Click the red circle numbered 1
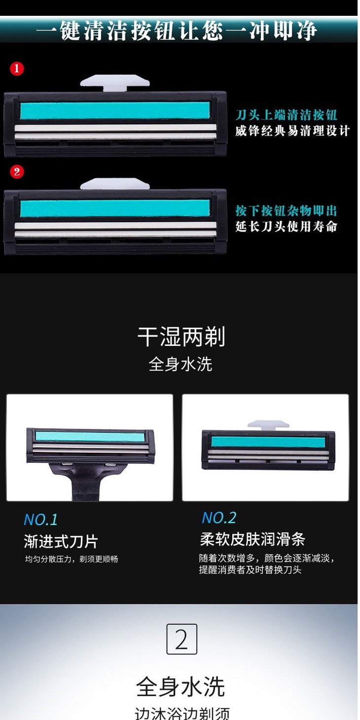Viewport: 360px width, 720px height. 17,69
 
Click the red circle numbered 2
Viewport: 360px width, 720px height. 17,172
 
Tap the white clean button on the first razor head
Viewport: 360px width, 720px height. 114,82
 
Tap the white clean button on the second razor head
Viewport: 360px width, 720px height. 114,184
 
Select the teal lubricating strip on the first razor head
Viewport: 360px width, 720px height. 114,111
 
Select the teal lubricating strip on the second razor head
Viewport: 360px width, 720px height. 114,208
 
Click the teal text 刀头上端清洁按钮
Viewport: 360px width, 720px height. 286,115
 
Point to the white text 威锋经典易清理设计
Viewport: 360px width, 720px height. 292,131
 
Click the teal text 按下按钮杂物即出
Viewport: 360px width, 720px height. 286,211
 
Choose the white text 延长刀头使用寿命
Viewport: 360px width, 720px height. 286,227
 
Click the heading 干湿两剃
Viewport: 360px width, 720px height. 181,337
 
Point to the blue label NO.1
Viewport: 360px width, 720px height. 41,520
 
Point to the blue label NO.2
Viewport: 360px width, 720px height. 219,518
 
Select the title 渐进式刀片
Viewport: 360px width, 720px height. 61,542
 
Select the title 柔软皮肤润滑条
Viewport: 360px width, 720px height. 252,539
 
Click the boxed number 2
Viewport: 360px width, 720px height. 182,639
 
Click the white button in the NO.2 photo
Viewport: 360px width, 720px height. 268,425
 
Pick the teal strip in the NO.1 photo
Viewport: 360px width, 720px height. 90,437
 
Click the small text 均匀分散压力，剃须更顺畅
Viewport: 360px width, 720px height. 72,559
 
